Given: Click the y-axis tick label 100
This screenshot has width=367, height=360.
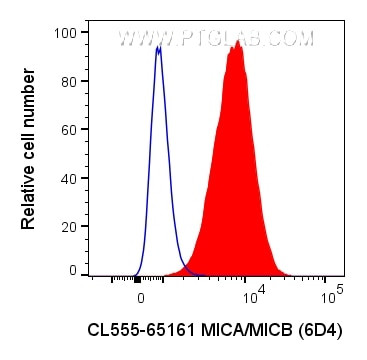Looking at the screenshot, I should [x=66, y=33].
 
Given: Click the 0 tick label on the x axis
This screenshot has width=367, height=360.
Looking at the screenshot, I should [x=140, y=297].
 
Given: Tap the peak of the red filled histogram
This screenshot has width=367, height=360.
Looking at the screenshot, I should [x=237, y=43].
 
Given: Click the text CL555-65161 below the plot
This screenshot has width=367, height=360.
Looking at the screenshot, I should [x=138, y=329].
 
